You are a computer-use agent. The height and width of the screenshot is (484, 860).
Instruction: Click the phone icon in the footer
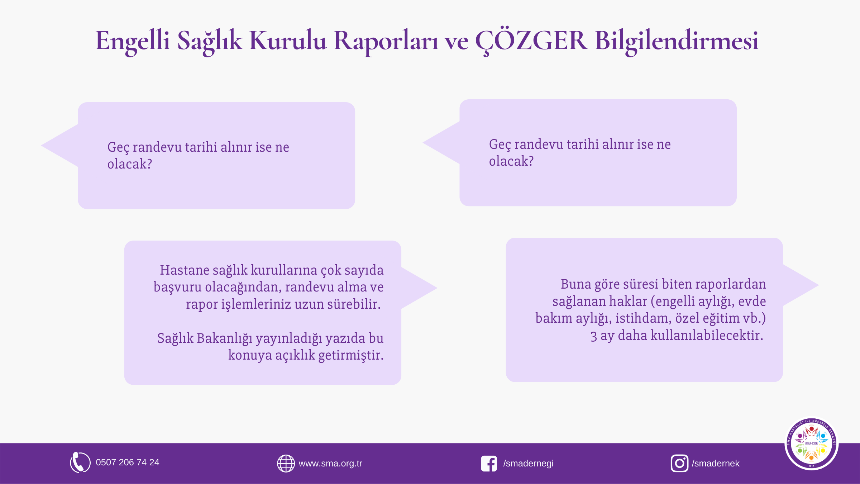(x=80, y=462)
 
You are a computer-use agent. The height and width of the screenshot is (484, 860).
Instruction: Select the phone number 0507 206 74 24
(x=128, y=462)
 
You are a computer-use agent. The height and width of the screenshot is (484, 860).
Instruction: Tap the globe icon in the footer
(x=286, y=463)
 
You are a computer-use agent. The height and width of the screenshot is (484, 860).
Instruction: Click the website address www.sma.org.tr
(x=330, y=464)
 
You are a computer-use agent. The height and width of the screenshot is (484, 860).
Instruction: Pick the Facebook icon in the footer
(x=489, y=464)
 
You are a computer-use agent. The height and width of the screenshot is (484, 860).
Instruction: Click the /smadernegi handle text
(x=528, y=464)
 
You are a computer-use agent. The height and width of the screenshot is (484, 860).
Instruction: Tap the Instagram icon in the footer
(x=679, y=463)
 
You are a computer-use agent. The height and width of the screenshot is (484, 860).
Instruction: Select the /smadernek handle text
(x=716, y=463)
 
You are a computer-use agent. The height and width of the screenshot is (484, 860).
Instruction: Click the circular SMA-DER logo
(x=811, y=443)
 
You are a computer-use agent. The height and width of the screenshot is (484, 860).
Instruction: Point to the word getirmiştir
(x=351, y=355)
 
